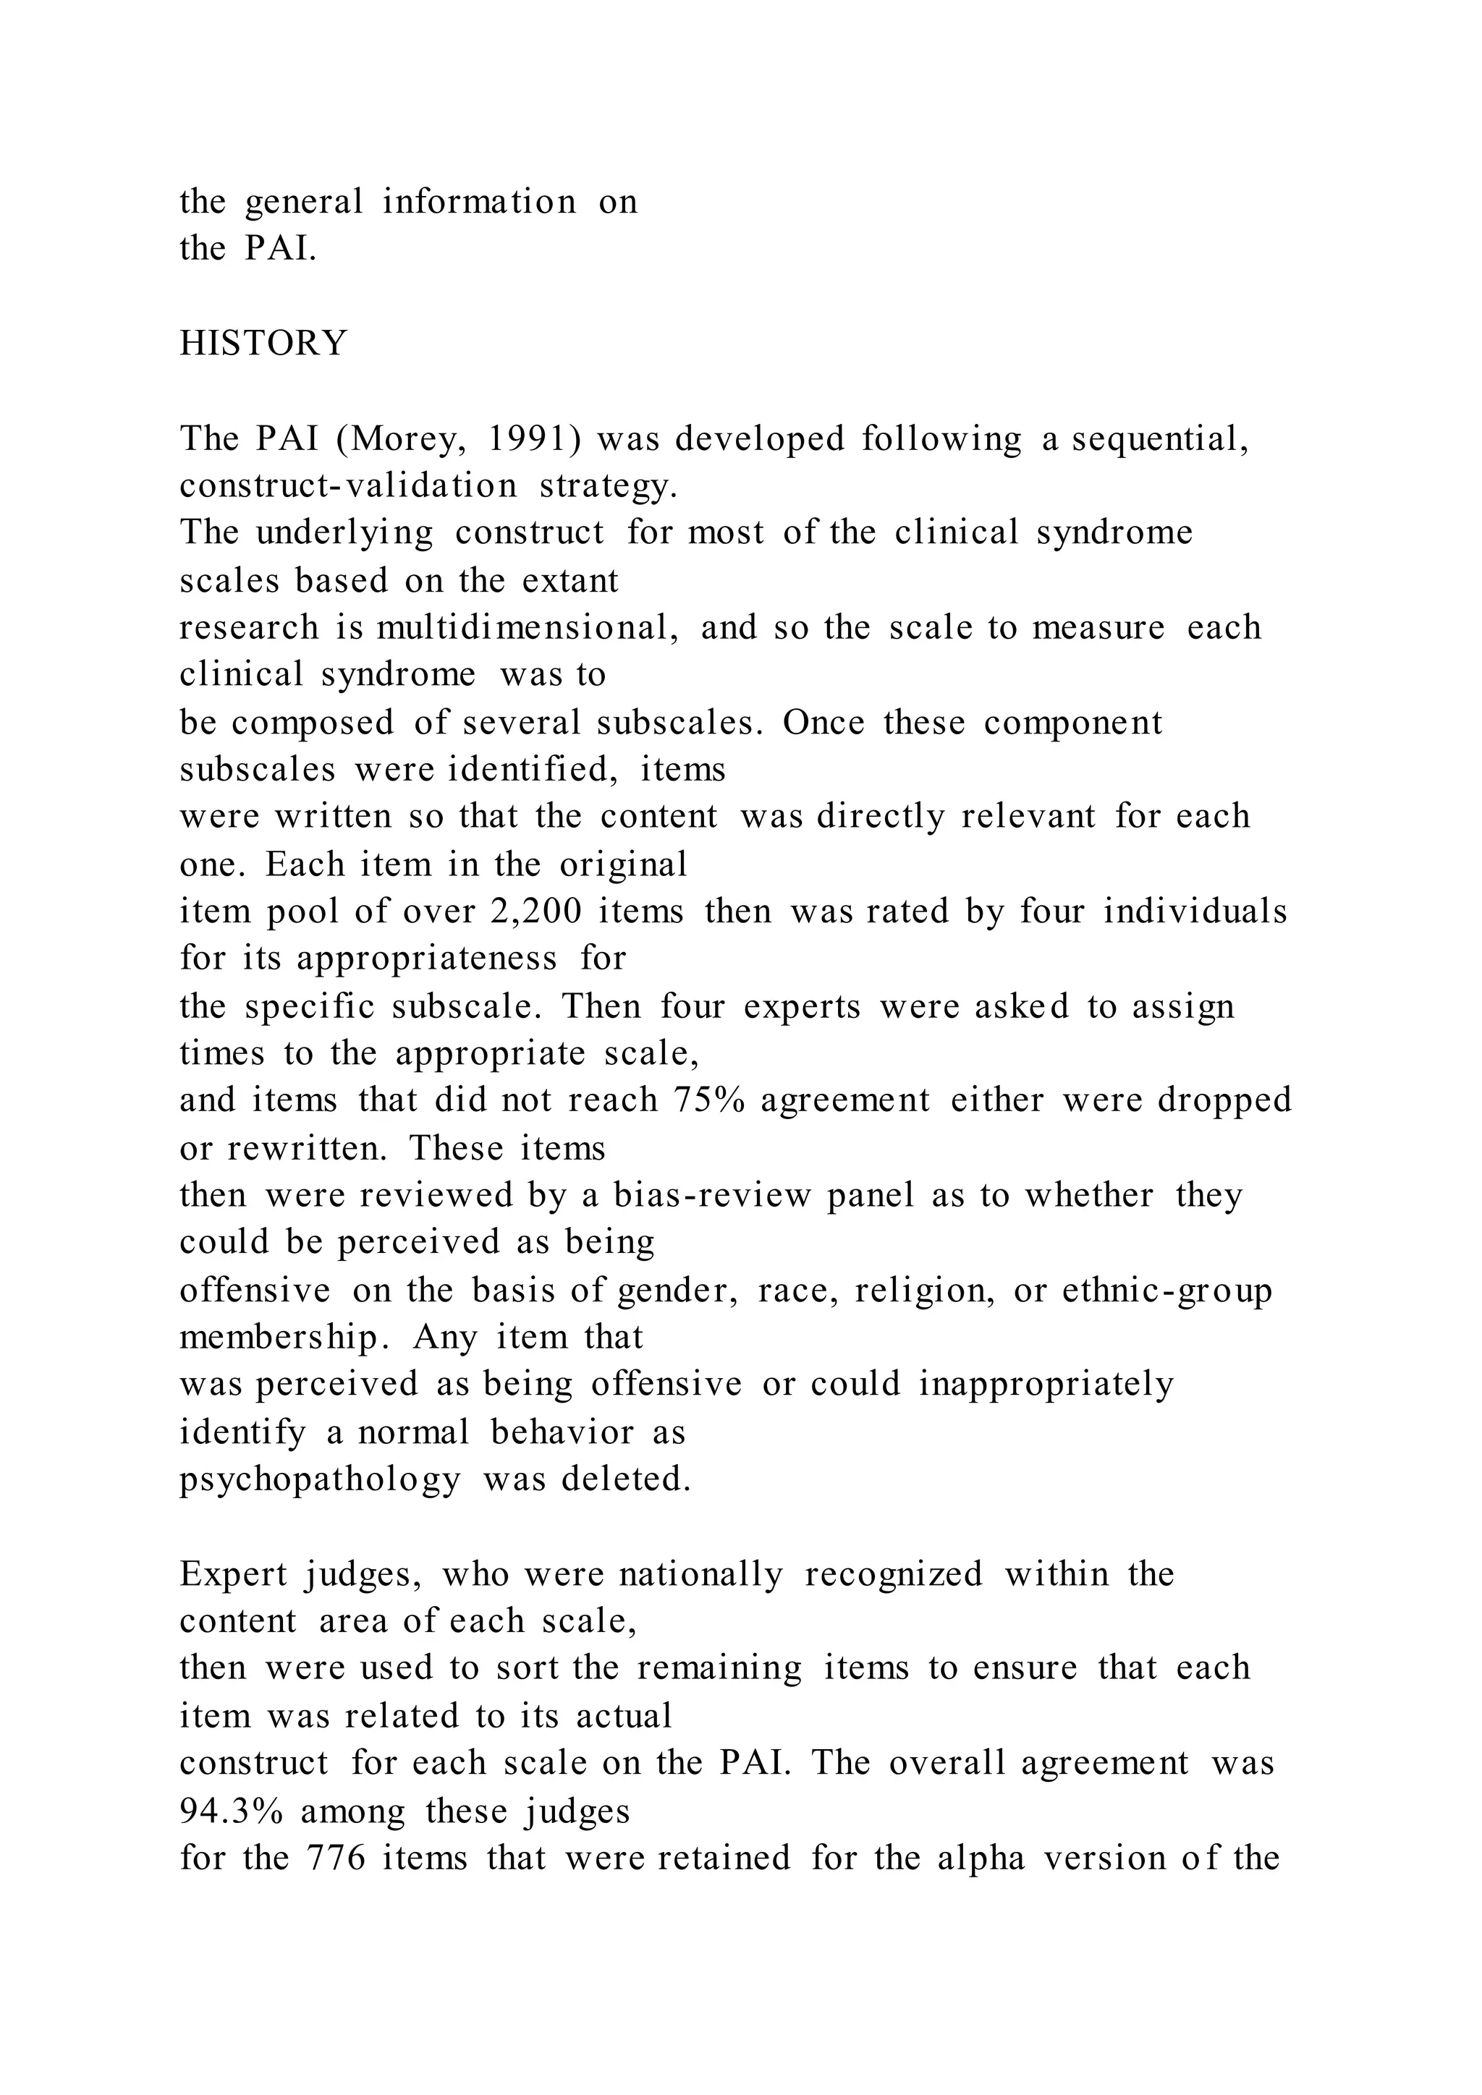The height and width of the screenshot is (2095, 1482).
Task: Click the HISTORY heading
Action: tap(263, 343)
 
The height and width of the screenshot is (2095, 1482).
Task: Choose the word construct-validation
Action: tap(347, 485)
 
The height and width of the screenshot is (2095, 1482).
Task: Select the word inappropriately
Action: tap(1046, 1384)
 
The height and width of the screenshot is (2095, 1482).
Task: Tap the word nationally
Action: tap(700, 1574)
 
